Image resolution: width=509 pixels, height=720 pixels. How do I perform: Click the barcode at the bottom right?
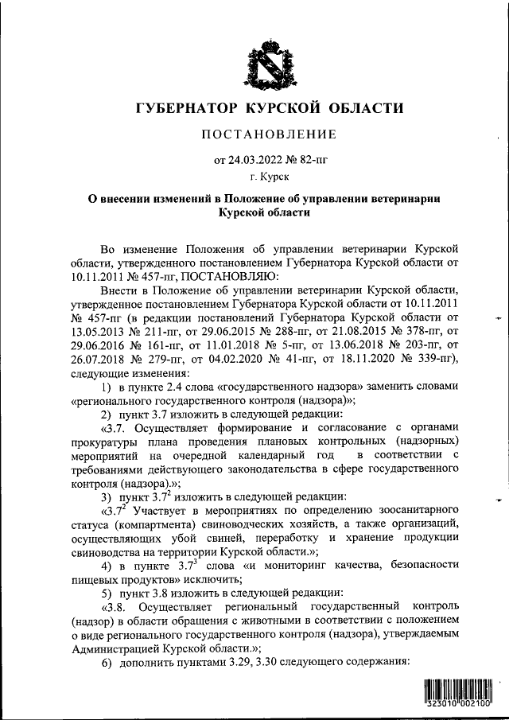point(459,695)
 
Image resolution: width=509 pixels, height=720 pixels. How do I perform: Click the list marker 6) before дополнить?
point(106,662)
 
